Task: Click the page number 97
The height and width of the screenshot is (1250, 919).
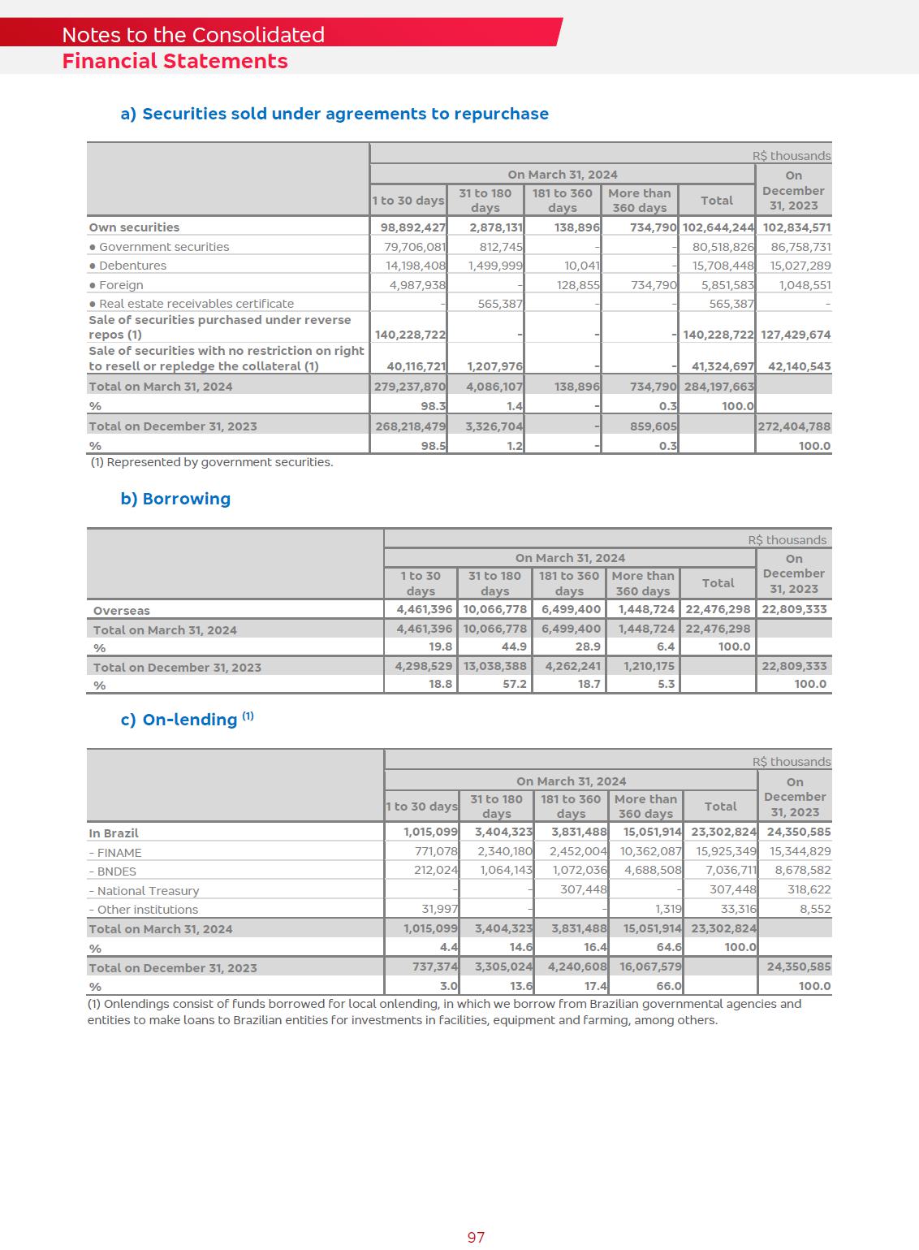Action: pyautogui.click(x=476, y=1237)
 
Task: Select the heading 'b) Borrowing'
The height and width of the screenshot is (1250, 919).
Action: pyautogui.click(x=175, y=499)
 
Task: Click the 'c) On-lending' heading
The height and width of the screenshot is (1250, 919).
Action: pyautogui.click(x=187, y=720)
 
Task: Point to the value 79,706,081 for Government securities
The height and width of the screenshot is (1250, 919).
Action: pyautogui.click(x=415, y=247)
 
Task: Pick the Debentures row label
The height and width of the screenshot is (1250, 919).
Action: pyautogui.click(x=132, y=266)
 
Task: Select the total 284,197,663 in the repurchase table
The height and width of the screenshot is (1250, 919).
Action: pyautogui.click(x=718, y=387)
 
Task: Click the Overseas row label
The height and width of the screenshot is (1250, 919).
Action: pyautogui.click(x=121, y=611)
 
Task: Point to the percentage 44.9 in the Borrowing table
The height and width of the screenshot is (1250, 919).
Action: pyautogui.click(x=515, y=647)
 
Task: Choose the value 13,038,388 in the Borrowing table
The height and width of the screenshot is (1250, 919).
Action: pyautogui.click(x=495, y=666)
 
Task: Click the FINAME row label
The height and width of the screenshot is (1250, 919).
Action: pyautogui.click(x=119, y=853)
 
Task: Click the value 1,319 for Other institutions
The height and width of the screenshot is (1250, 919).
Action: pyautogui.click(x=668, y=909)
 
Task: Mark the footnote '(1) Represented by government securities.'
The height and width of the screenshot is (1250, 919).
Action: pyautogui.click(x=211, y=462)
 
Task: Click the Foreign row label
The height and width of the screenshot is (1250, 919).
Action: pyautogui.click(x=120, y=285)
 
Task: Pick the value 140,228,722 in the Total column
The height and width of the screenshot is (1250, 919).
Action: pyautogui.click(x=718, y=335)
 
